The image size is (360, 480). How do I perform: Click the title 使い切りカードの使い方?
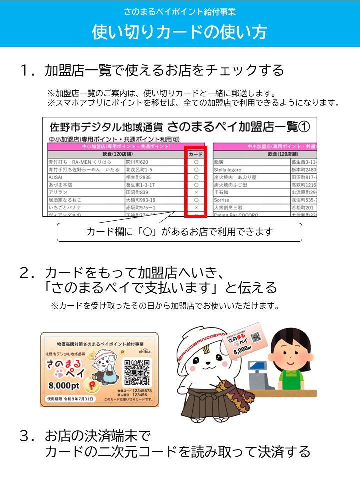[179, 31]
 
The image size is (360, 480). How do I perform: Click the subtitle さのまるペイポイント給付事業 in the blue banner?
[179, 11]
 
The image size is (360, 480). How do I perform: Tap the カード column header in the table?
[196, 155]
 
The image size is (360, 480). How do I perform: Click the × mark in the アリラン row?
[196, 192]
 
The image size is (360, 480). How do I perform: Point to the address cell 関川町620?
[137, 162]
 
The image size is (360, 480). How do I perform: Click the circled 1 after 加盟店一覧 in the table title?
[304, 126]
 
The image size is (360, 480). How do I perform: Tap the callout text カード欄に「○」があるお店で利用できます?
[179, 232]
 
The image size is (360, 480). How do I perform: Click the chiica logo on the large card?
[145, 351]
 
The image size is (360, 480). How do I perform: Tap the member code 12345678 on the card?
[141, 390]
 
